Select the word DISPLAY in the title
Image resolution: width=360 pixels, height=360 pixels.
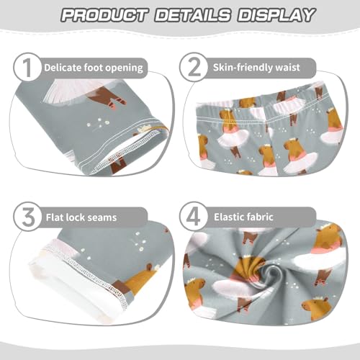[x=272, y=15]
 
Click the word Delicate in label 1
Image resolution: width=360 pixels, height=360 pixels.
[x=65, y=68]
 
